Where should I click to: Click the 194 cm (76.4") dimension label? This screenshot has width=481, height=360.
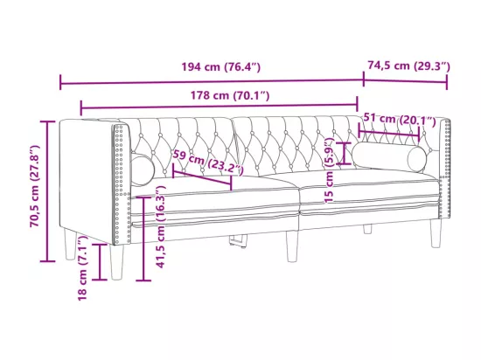[221, 66]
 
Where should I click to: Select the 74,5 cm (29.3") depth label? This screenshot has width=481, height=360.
[408, 66]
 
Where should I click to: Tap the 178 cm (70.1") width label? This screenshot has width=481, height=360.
[230, 95]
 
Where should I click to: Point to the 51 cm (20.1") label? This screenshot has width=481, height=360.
[400, 119]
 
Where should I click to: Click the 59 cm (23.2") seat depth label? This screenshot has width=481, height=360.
[208, 163]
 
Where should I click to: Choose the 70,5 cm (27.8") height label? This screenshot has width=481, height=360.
[35, 186]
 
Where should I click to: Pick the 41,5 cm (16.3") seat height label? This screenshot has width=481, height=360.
[161, 227]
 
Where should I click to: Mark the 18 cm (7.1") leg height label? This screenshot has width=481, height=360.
[82, 267]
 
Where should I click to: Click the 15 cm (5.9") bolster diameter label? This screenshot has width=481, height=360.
[329, 170]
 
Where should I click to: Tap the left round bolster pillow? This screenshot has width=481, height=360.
[143, 170]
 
